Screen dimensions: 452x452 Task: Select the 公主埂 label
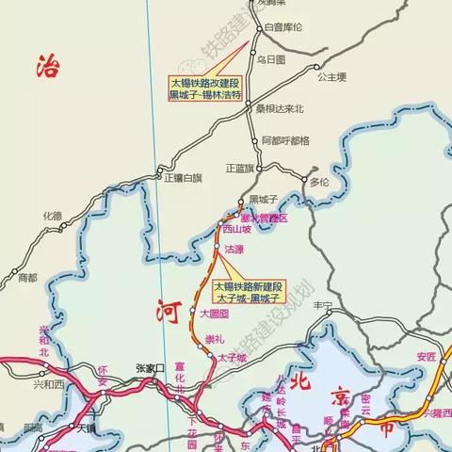[332, 76]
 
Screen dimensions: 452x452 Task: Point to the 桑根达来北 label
[282, 109]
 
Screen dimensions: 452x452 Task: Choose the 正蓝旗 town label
[241, 169]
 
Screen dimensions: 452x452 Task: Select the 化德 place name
[52, 217]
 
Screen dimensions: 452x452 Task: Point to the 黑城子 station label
[264, 200]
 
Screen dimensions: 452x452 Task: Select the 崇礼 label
[215, 337]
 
